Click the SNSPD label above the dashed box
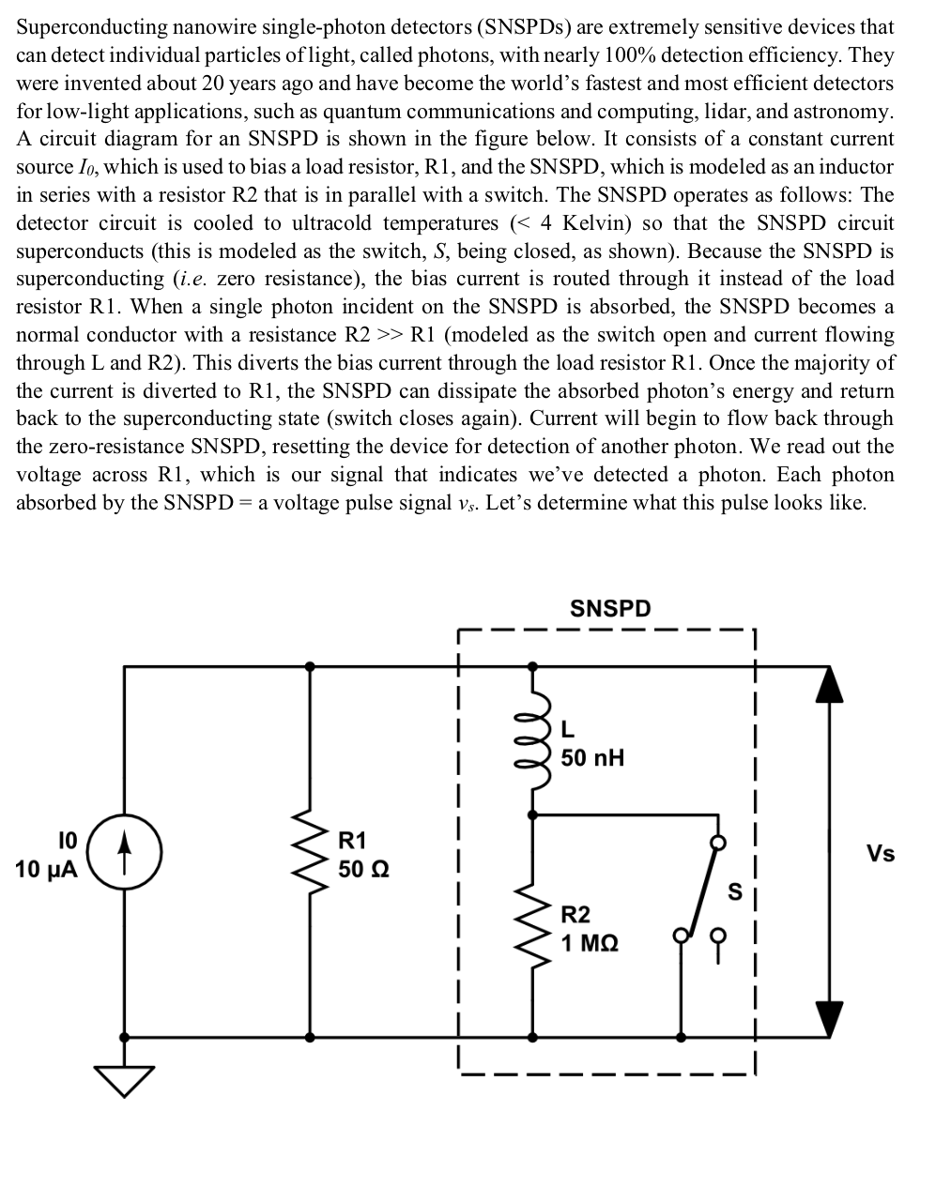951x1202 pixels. tap(610, 608)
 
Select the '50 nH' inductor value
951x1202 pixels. tap(592, 757)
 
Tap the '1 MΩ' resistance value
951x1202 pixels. tap(590, 942)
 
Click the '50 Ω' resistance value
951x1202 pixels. tap(364, 868)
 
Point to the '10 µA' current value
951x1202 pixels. tap(47, 868)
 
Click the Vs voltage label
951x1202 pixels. tap(881, 853)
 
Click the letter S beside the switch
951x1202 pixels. tap(736, 890)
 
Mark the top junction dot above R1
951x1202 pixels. tap(310, 666)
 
